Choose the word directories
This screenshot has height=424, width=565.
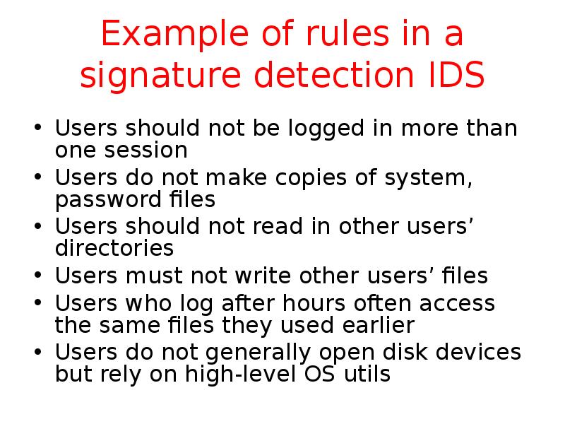click(x=114, y=249)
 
